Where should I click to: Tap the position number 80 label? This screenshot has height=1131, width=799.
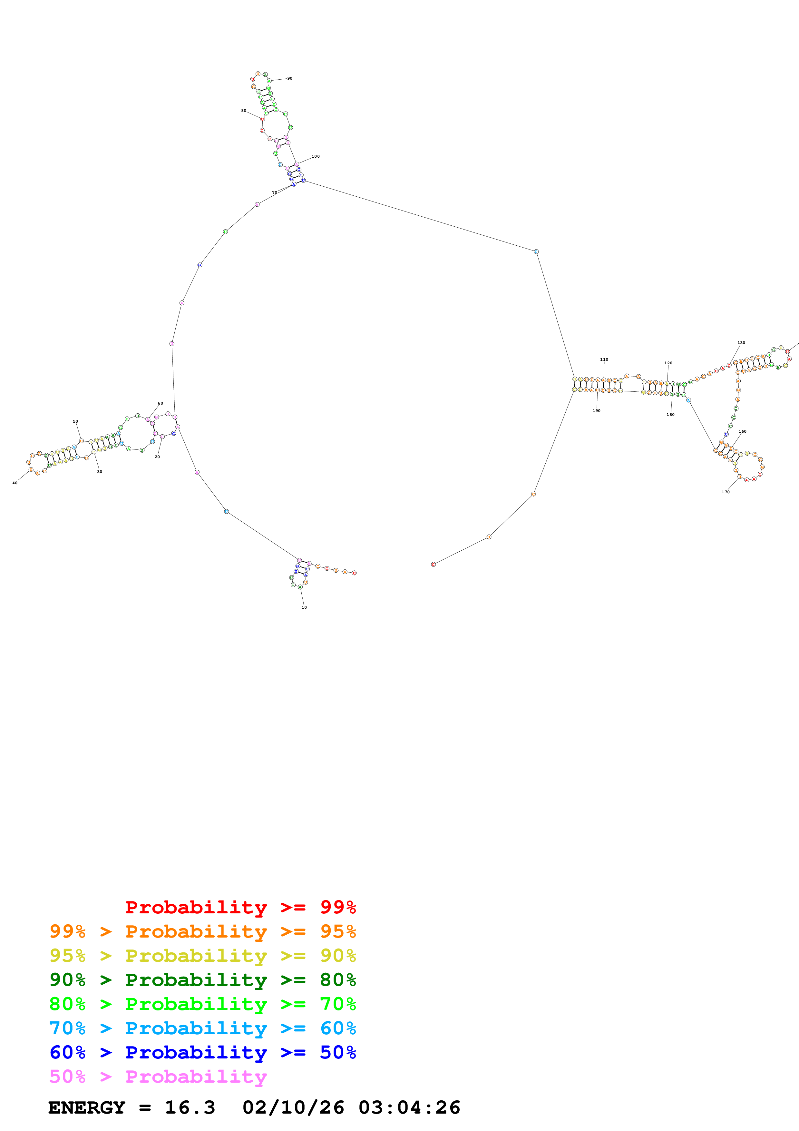(244, 111)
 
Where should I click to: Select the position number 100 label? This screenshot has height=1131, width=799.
(316, 157)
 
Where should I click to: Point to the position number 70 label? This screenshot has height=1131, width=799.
(275, 192)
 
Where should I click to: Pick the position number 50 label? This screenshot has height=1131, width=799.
(75, 422)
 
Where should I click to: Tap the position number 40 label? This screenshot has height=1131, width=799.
(15, 483)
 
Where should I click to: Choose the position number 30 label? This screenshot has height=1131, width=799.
(100, 472)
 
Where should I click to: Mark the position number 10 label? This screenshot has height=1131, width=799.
(304, 607)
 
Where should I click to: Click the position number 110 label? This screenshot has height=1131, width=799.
(604, 359)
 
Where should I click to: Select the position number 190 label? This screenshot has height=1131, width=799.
(597, 411)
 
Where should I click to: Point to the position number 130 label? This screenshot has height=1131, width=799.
(741, 343)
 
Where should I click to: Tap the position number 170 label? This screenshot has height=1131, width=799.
(726, 492)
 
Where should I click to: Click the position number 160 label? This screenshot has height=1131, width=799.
(742, 431)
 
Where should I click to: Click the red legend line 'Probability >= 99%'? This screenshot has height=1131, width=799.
(240, 907)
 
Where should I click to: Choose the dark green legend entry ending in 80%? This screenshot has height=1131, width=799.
(203, 980)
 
